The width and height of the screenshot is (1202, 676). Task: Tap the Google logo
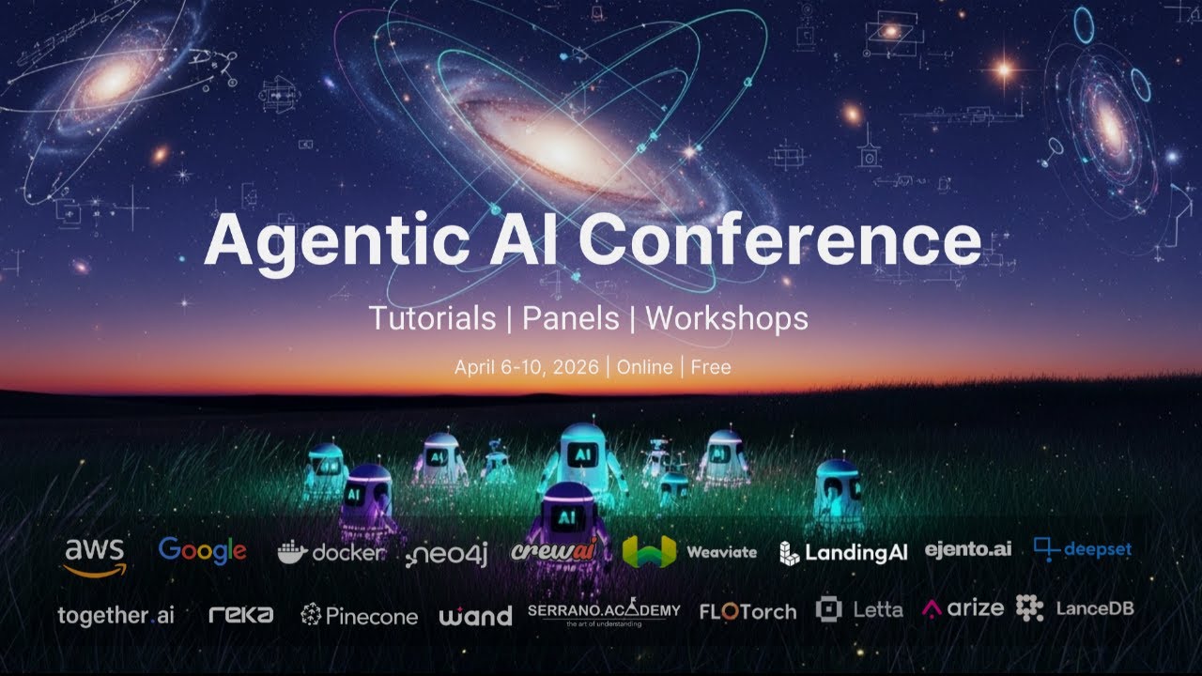tap(202, 551)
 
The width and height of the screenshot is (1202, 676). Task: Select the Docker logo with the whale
tap(331, 553)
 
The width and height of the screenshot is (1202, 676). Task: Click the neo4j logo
tap(447, 555)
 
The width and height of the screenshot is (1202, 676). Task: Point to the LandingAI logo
tap(843, 553)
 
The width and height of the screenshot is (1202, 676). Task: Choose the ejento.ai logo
tap(968, 550)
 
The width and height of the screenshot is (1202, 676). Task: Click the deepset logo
tap(1083, 550)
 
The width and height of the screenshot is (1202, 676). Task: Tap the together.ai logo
tap(116, 616)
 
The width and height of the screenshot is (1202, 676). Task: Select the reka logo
tap(241, 615)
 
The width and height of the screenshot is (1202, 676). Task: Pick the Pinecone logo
tap(359, 615)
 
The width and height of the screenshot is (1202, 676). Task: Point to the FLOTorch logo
tap(747, 612)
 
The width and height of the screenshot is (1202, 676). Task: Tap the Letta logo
tap(859, 610)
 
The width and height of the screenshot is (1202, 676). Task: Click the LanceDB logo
tap(1074, 608)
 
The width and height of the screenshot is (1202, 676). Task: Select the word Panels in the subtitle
tap(571, 318)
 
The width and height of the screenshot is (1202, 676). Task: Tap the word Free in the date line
tap(711, 367)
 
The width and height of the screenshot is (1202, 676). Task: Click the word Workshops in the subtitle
tap(726, 318)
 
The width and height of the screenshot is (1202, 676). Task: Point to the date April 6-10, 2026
tap(526, 367)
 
